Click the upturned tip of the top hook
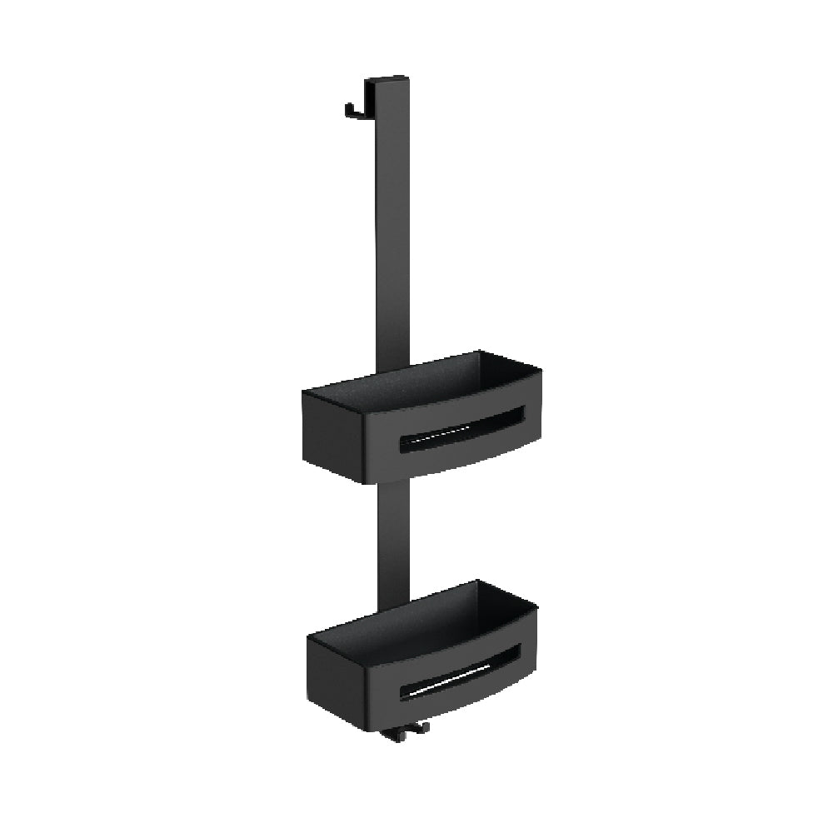[348, 107]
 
